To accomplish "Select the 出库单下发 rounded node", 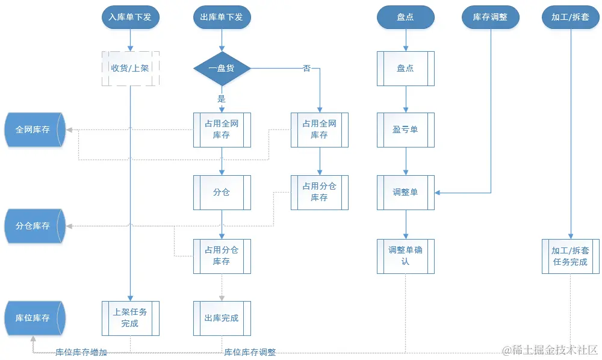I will [222, 17].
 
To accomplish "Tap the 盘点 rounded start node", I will [405, 17].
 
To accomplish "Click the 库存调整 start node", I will [491, 17].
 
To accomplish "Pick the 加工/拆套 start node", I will [570, 17].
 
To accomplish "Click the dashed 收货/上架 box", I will [129, 68].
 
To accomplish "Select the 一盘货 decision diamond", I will [222, 68].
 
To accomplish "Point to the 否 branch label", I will [306, 68].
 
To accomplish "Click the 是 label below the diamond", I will [221, 98].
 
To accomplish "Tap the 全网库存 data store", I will [34, 129].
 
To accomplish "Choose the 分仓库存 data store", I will [34, 226].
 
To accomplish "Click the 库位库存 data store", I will [34, 317].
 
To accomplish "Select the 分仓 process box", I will [222, 192].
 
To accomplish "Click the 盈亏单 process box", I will [405, 129].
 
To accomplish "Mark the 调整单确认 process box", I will [405, 256].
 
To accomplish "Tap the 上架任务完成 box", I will [129, 318].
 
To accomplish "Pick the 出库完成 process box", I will [222, 318].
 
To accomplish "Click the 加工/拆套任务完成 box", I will [570, 256].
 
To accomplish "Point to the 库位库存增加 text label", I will [81, 352].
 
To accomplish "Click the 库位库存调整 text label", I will [250, 352].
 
